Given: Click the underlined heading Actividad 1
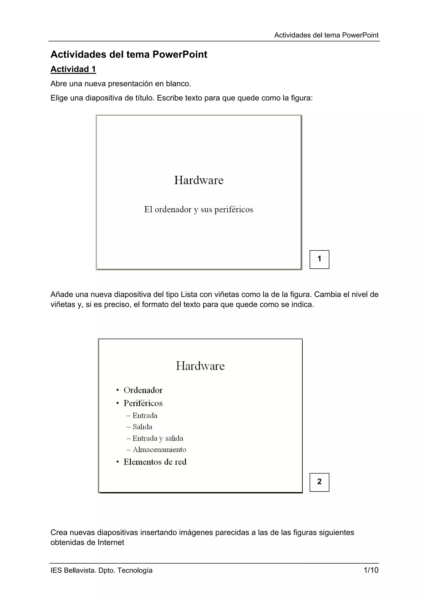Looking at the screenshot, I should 73,69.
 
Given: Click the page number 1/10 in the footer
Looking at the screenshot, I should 371,570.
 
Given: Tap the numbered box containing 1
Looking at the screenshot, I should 319,259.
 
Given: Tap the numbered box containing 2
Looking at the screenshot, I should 319,482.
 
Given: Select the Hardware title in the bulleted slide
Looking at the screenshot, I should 200,366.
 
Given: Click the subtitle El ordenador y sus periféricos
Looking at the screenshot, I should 199,210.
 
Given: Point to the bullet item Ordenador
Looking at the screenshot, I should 143,390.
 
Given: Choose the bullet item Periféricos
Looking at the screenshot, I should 143,403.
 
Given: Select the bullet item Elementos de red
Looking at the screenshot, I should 155,462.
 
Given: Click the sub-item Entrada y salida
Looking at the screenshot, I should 158,438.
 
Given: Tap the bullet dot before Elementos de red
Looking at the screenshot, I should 118,462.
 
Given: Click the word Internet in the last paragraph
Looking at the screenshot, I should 111,542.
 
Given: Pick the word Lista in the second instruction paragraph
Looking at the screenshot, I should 189,295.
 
